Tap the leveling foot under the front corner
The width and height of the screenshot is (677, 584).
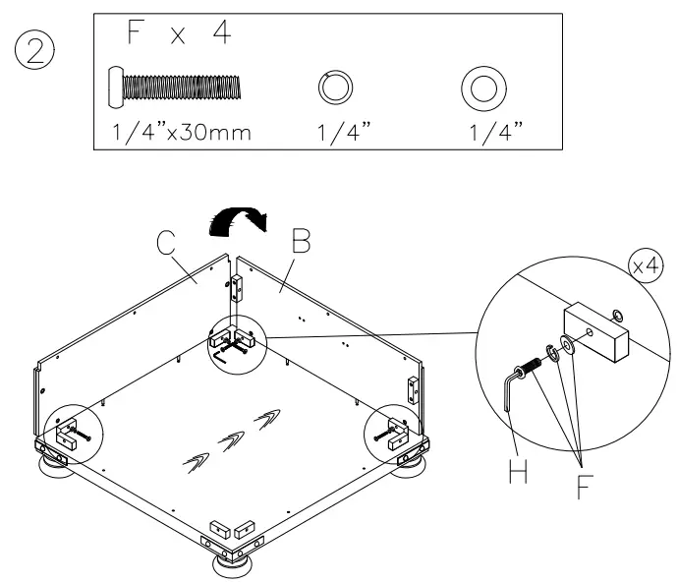232,568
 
